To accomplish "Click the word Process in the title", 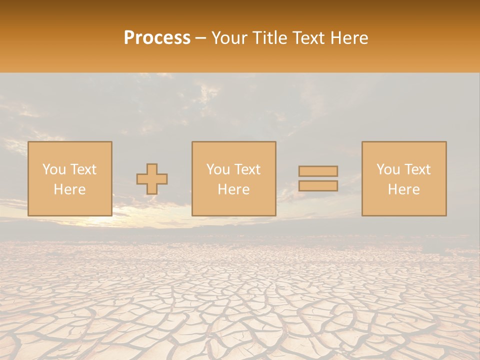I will tap(157, 38).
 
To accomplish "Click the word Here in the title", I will tap(350, 38).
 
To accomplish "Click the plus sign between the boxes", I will tap(152, 179).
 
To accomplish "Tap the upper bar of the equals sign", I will tap(318, 171).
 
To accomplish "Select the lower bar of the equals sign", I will tap(318, 186).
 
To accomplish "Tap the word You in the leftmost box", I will tap(54, 169).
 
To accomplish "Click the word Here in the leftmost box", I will tap(69, 189).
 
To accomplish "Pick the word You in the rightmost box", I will tap(388, 169).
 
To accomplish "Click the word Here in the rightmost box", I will tap(403, 189).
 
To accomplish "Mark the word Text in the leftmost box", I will tap(83, 169).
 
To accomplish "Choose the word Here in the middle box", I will tap(233, 189).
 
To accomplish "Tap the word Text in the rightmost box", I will tap(417, 169).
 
